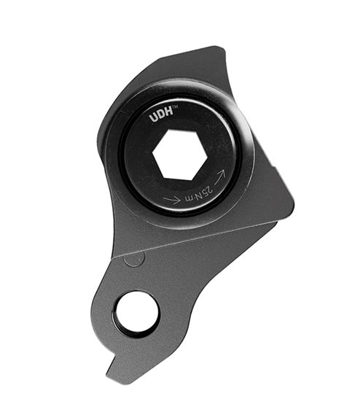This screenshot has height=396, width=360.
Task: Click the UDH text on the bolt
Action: (x=162, y=117)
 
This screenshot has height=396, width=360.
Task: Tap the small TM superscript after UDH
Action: (x=176, y=107)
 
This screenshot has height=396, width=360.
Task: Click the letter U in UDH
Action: (x=153, y=119)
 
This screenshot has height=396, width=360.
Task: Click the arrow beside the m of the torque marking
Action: (x=172, y=200)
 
